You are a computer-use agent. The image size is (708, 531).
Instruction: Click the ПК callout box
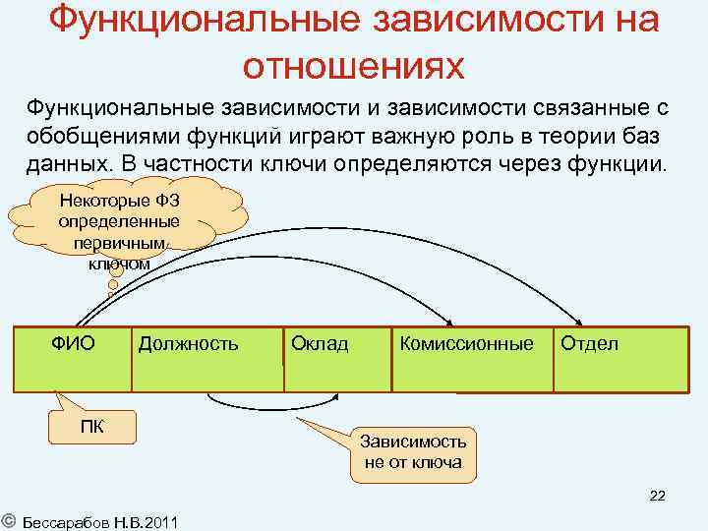point(92,424)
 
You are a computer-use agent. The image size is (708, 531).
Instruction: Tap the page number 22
point(657,496)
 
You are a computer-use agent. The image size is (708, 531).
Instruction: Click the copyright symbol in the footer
point(8,519)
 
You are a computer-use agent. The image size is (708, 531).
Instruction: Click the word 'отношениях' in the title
point(353,63)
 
